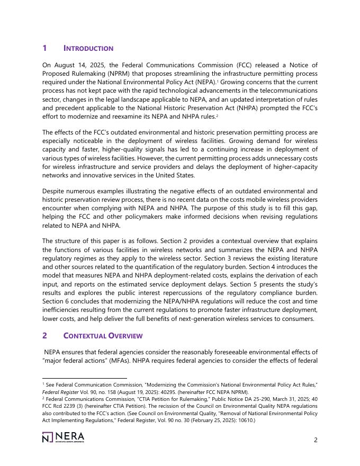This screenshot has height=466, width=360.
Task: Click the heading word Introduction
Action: click(x=88, y=49)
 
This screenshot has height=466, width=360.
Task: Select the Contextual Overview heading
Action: click(x=103, y=336)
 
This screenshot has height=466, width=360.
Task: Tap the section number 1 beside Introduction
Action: click(x=44, y=49)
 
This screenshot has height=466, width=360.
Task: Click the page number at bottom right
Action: click(x=316, y=439)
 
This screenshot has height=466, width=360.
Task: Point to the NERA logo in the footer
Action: click(x=63, y=437)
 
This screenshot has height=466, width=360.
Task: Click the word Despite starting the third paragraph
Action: click(x=54, y=191)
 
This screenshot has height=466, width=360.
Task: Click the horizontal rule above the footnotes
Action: click(x=84, y=378)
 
